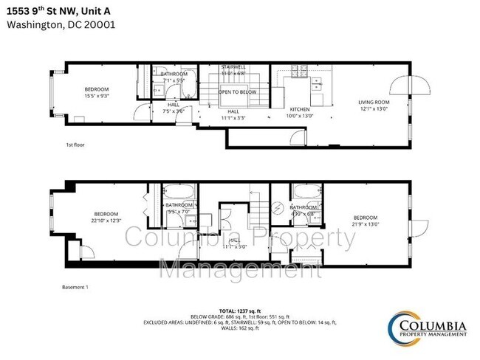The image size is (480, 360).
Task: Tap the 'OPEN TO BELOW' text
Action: click(x=237, y=92)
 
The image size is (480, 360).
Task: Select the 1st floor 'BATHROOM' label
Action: click(x=174, y=74)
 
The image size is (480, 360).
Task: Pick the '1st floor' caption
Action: click(x=75, y=145)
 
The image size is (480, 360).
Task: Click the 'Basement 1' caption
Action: click(x=76, y=287)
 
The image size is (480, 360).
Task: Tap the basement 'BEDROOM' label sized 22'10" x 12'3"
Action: click(x=105, y=214)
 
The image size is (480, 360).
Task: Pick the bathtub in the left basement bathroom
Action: click(x=179, y=190)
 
